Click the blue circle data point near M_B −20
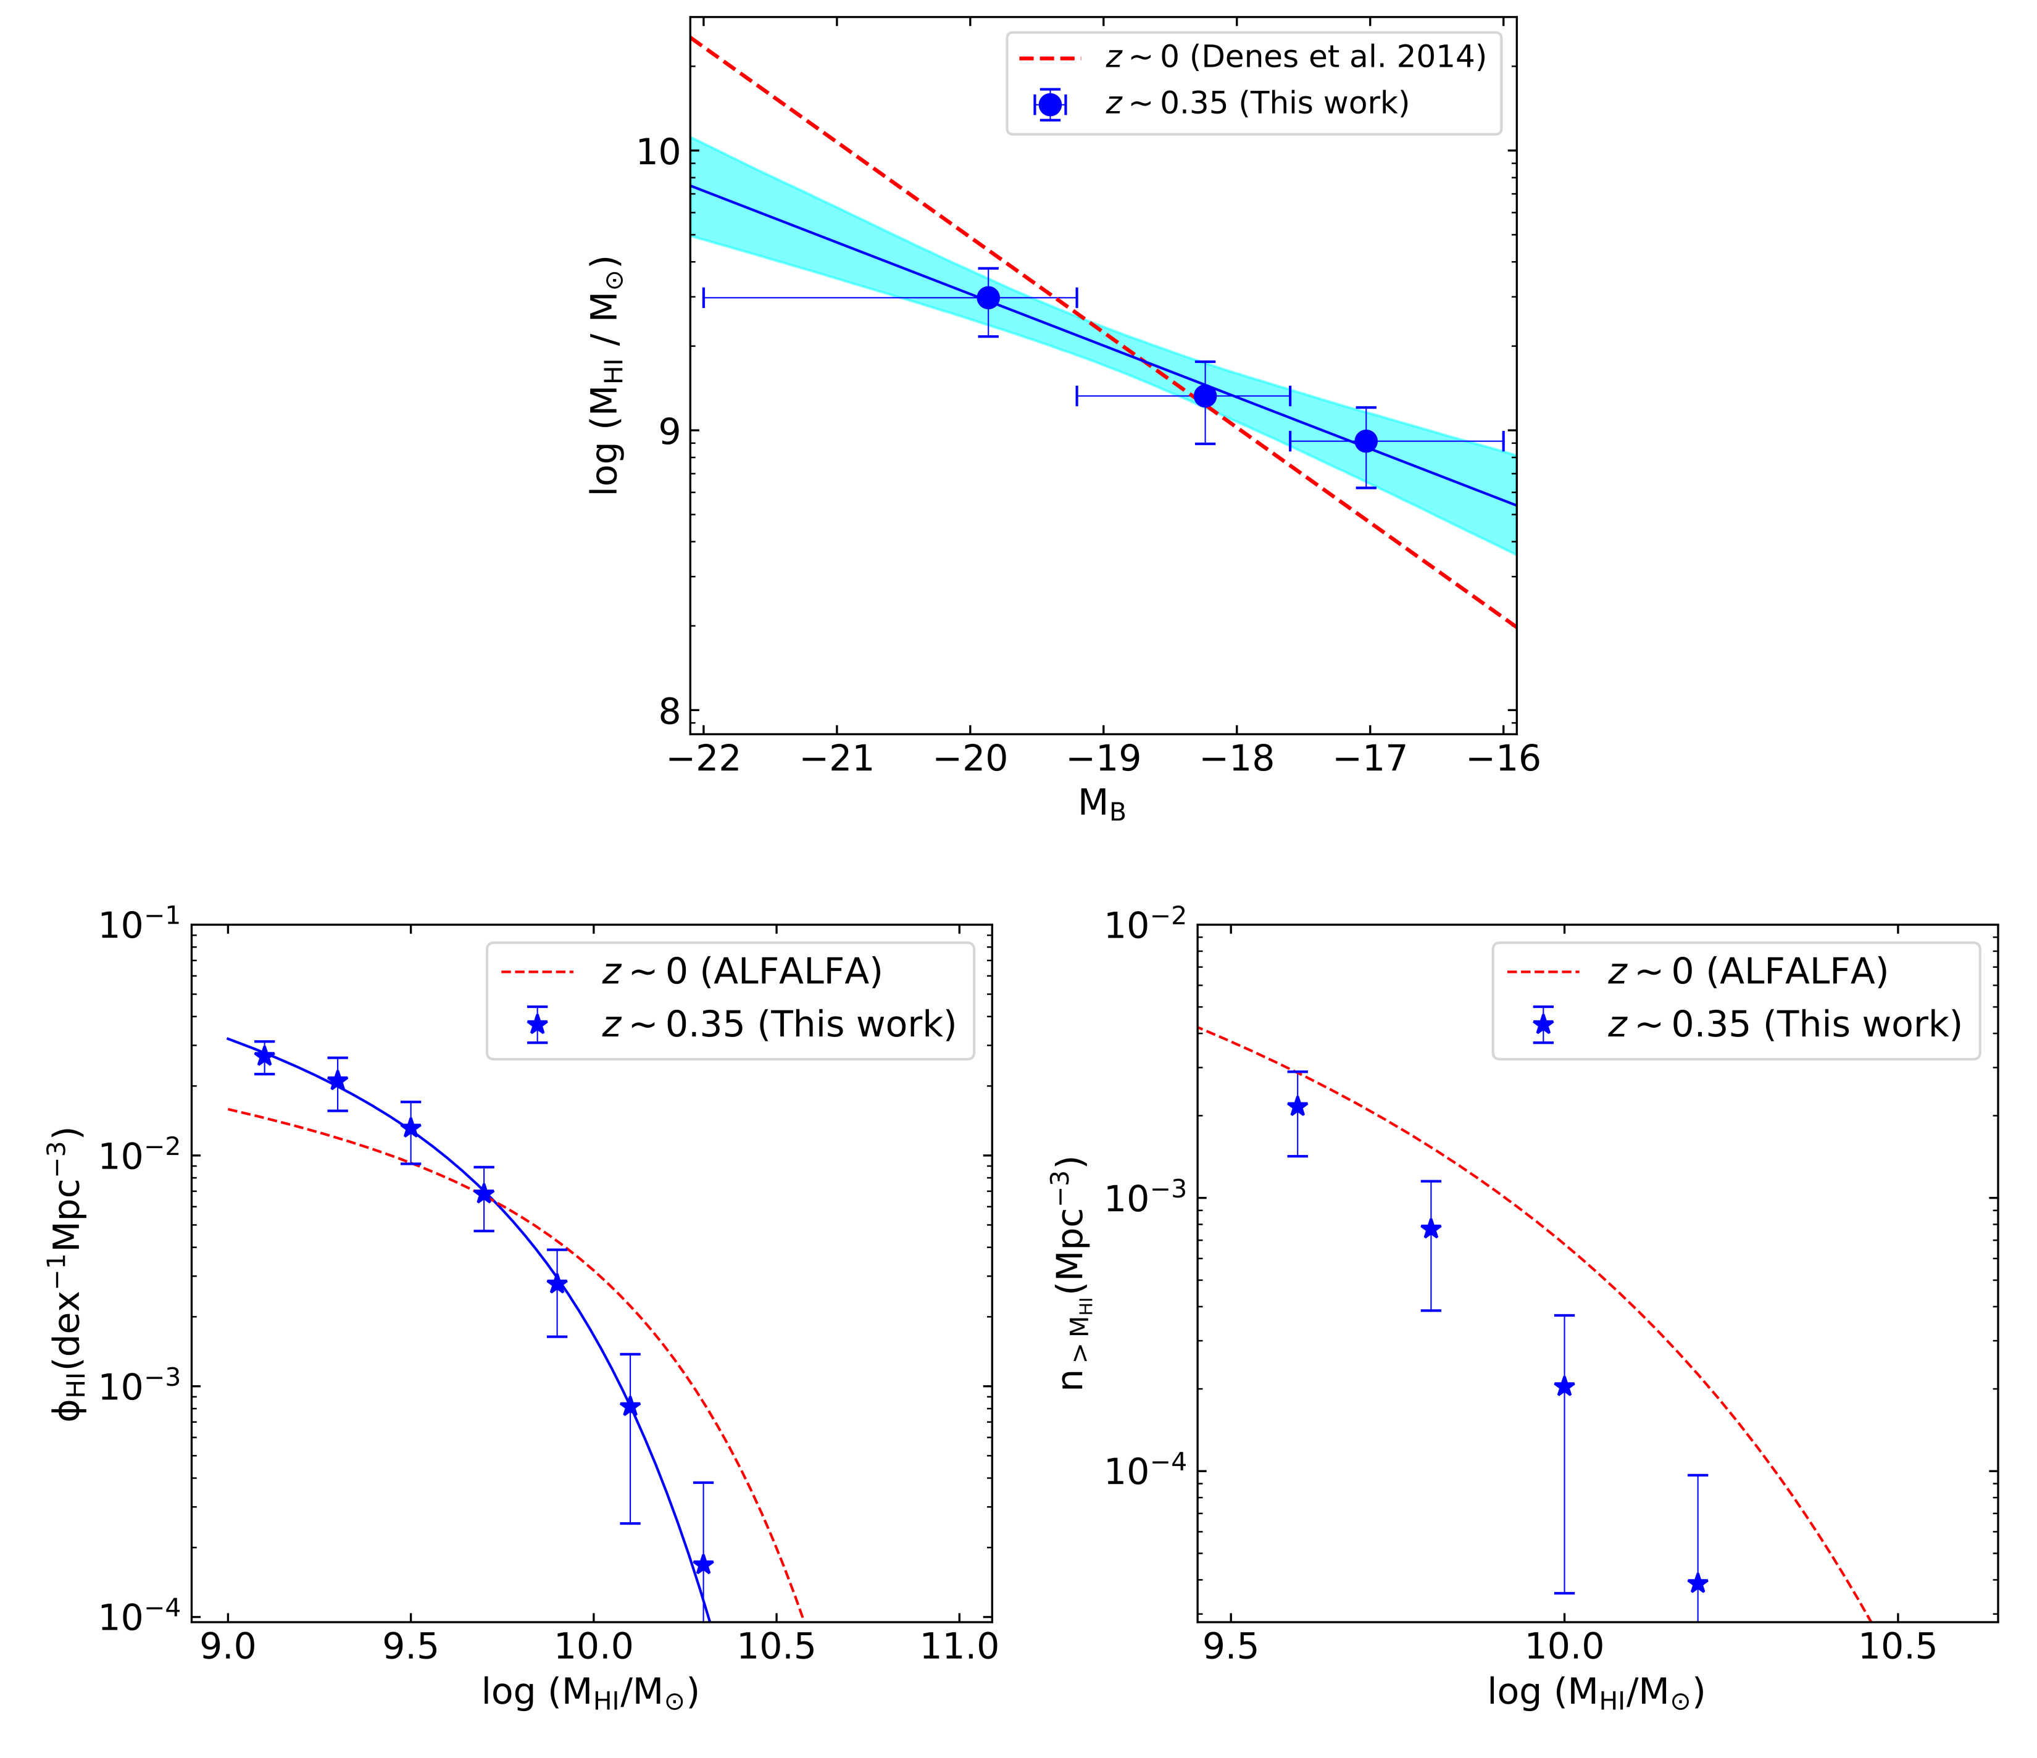click(988, 298)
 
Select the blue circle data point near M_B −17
click(1365, 441)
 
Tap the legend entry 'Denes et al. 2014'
click(1296, 57)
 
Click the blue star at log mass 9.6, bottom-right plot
click(1298, 1106)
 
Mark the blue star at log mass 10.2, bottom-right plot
click(1698, 1583)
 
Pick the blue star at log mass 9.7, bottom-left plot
click(484, 1194)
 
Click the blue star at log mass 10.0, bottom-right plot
click(1564, 1387)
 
